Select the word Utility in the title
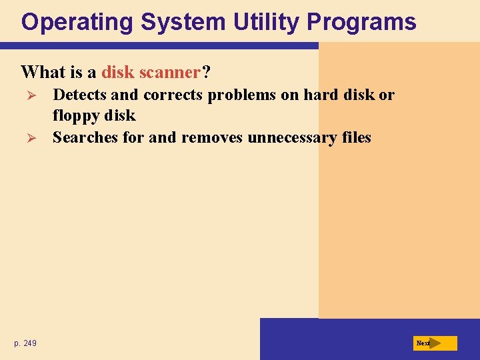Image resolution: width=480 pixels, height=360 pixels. coord(267,22)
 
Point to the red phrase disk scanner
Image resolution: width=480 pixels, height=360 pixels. coord(151,71)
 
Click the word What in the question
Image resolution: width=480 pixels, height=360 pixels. coord(41,71)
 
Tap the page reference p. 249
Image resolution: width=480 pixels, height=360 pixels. coord(25,343)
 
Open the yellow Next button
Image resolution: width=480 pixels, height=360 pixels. coord(435,343)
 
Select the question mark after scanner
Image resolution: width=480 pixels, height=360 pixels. coord(206,71)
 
